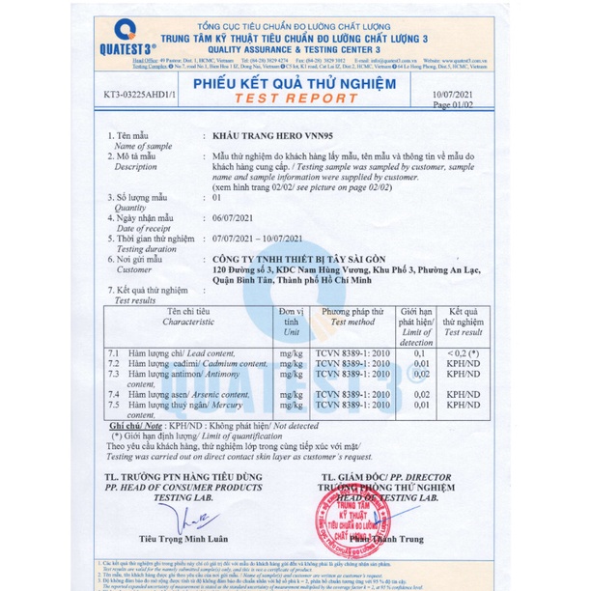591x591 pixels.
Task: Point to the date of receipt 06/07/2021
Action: click(235, 217)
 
